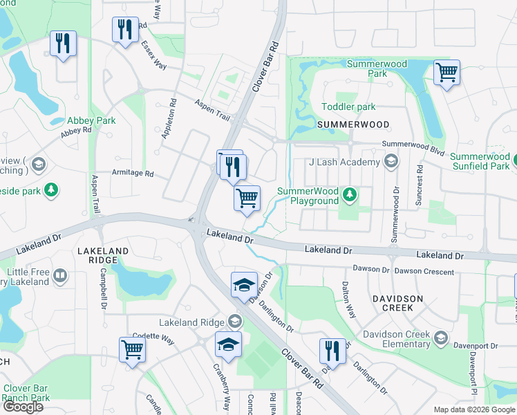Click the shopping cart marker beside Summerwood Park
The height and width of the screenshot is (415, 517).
pos(446,72)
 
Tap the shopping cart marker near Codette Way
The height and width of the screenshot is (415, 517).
pos(131,349)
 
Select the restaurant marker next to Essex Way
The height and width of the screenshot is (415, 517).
pos(125,29)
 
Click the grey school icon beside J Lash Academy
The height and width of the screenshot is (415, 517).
pos(391,163)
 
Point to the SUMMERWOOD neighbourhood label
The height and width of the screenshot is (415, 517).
pos(352,124)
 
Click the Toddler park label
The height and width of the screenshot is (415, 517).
pos(348,107)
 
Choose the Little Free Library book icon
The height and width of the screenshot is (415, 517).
pos(61,277)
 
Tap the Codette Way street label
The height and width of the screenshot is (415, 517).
pos(158,339)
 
